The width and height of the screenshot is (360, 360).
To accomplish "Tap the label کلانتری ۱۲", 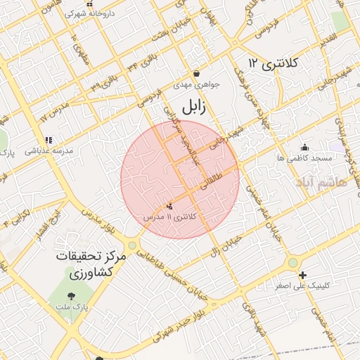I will tap(274, 64).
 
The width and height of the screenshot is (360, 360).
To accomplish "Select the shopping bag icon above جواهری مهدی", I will tap(195, 73).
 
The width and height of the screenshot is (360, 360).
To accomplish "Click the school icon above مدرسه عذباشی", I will tap(49, 140).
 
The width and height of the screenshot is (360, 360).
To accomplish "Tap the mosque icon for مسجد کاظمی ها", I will tap(304, 147).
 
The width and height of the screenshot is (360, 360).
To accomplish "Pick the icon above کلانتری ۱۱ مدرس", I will tap(169, 206).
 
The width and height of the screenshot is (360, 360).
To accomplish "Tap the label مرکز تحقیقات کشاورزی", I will tap(91, 265).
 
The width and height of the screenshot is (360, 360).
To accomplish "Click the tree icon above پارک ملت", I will tap(71, 296).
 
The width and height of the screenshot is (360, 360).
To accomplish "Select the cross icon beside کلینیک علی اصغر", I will tap(303, 275).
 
